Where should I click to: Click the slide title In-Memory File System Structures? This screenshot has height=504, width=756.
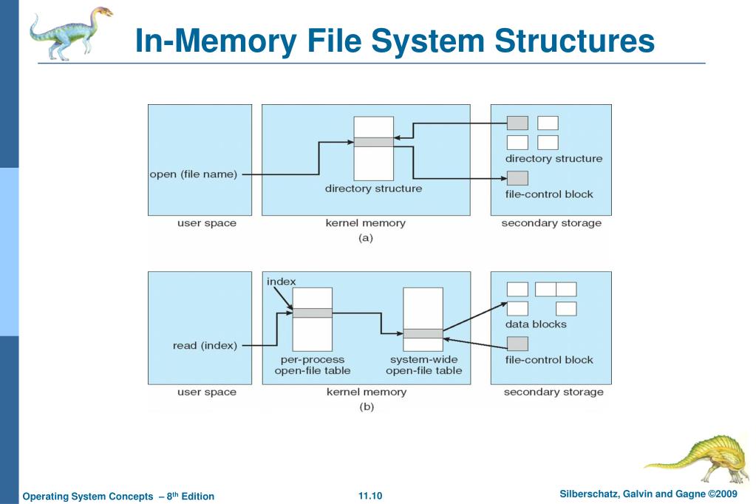[395, 41]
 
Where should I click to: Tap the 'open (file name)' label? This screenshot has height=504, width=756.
[193, 174]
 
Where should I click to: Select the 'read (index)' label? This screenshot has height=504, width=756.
[205, 345]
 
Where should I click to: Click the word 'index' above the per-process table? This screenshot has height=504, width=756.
[281, 282]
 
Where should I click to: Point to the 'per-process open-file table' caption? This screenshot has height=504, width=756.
[312, 365]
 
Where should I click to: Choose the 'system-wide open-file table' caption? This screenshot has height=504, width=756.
[423, 365]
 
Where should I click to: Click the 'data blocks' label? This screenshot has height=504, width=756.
[536, 324]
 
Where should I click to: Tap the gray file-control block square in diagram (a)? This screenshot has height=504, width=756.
[517, 178]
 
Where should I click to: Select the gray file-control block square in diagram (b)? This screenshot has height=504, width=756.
[517, 344]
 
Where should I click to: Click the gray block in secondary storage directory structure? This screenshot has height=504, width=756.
[517, 123]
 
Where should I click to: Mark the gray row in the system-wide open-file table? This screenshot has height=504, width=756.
[423, 333]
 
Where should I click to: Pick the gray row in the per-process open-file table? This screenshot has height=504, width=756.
[312, 313]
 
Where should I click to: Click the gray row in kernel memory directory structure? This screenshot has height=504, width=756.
[373, 142]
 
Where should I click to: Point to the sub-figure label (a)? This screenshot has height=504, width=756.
[366, 238]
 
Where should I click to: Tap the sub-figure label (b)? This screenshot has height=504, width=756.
[366, 407]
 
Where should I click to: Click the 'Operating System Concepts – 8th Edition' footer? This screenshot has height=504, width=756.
[118, 496]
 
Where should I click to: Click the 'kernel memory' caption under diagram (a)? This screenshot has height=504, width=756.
[366, 223]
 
